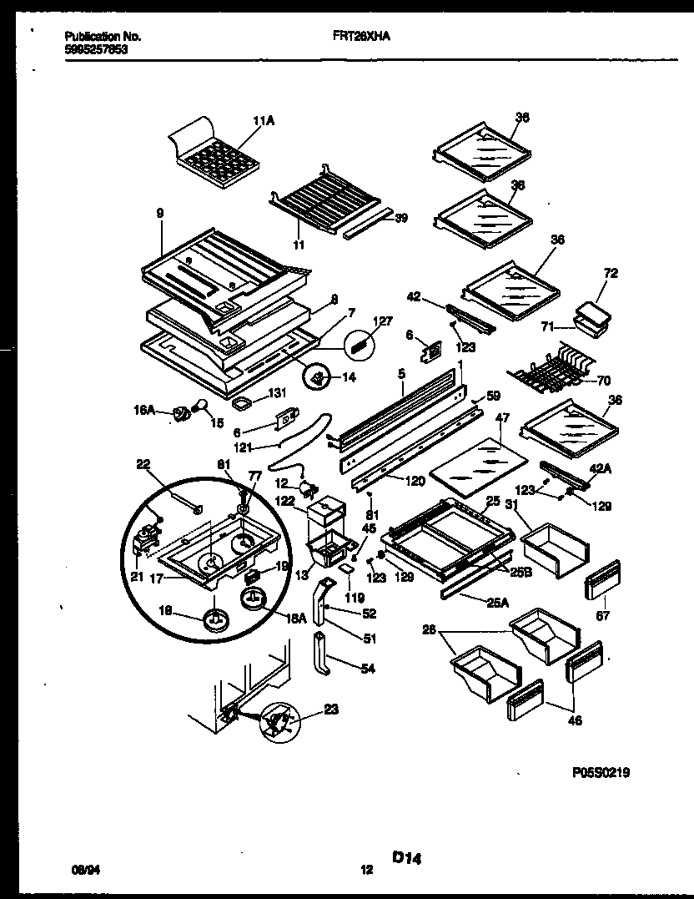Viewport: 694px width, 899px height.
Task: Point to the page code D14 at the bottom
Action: point(406,857)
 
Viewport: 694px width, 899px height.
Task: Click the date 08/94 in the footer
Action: point(84,870)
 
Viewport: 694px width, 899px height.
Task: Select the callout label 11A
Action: point(263,121)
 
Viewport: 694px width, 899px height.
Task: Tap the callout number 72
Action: point(611,274)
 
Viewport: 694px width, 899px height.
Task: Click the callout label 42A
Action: point(601,470)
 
